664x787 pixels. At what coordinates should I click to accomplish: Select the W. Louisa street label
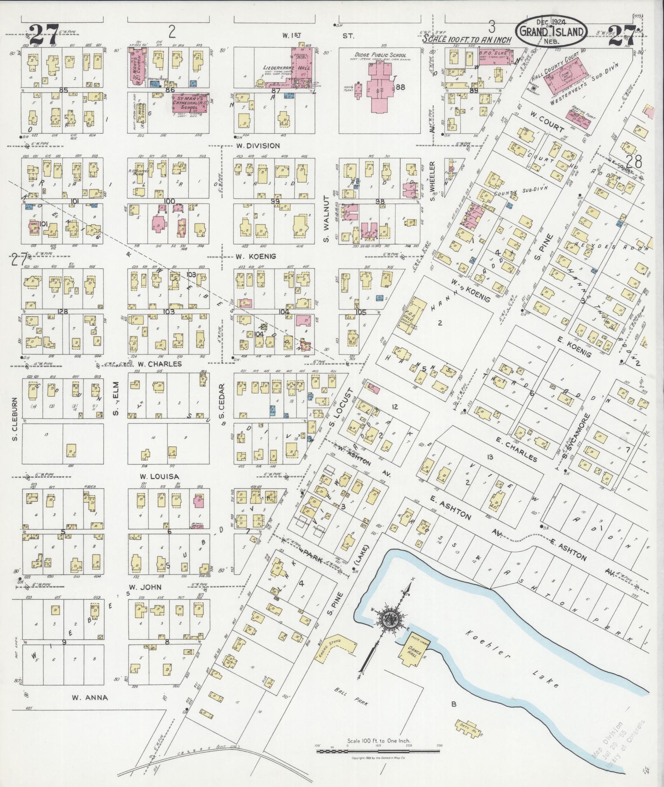coord(154,476)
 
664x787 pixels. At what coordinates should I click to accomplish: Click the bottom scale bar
coord(379,751)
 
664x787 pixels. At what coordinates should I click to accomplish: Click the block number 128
coord(63,312)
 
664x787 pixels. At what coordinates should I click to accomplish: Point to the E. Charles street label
coord(517,449)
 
